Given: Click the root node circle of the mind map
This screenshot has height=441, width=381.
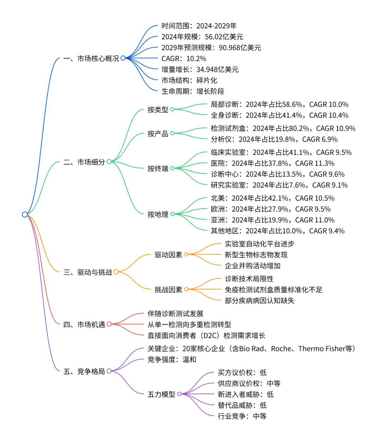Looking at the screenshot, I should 25,214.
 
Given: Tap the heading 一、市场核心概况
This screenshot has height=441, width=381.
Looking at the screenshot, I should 91,59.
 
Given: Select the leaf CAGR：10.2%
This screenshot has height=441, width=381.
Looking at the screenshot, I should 184,59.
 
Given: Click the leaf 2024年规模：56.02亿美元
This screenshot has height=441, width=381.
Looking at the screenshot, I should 202,37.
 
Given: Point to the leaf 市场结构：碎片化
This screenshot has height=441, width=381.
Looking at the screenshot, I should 189,80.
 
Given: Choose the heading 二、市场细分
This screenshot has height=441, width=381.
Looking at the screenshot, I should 84,162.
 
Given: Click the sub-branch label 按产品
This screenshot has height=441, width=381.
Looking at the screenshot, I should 158,134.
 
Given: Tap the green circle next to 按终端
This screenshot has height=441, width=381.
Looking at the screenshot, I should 173,168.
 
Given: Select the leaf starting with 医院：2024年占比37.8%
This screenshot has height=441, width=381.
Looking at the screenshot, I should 272,163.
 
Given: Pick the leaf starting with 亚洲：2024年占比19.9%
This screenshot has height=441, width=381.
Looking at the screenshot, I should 272,220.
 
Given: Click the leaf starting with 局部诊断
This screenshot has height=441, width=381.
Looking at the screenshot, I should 279,104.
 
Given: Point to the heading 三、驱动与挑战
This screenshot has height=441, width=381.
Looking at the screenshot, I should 87,272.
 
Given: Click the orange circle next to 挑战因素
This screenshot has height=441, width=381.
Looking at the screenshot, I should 186,289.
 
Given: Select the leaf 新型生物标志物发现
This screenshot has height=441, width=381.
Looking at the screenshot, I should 256,255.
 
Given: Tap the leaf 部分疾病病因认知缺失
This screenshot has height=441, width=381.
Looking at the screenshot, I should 259,300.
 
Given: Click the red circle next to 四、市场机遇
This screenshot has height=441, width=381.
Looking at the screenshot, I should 109,324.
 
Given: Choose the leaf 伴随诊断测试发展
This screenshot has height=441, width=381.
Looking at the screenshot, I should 175,313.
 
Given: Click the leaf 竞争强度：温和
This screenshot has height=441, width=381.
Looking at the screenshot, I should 172,360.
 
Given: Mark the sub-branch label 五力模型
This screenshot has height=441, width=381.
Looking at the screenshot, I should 161,394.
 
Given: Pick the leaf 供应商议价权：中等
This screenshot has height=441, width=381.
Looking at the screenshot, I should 249,383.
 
